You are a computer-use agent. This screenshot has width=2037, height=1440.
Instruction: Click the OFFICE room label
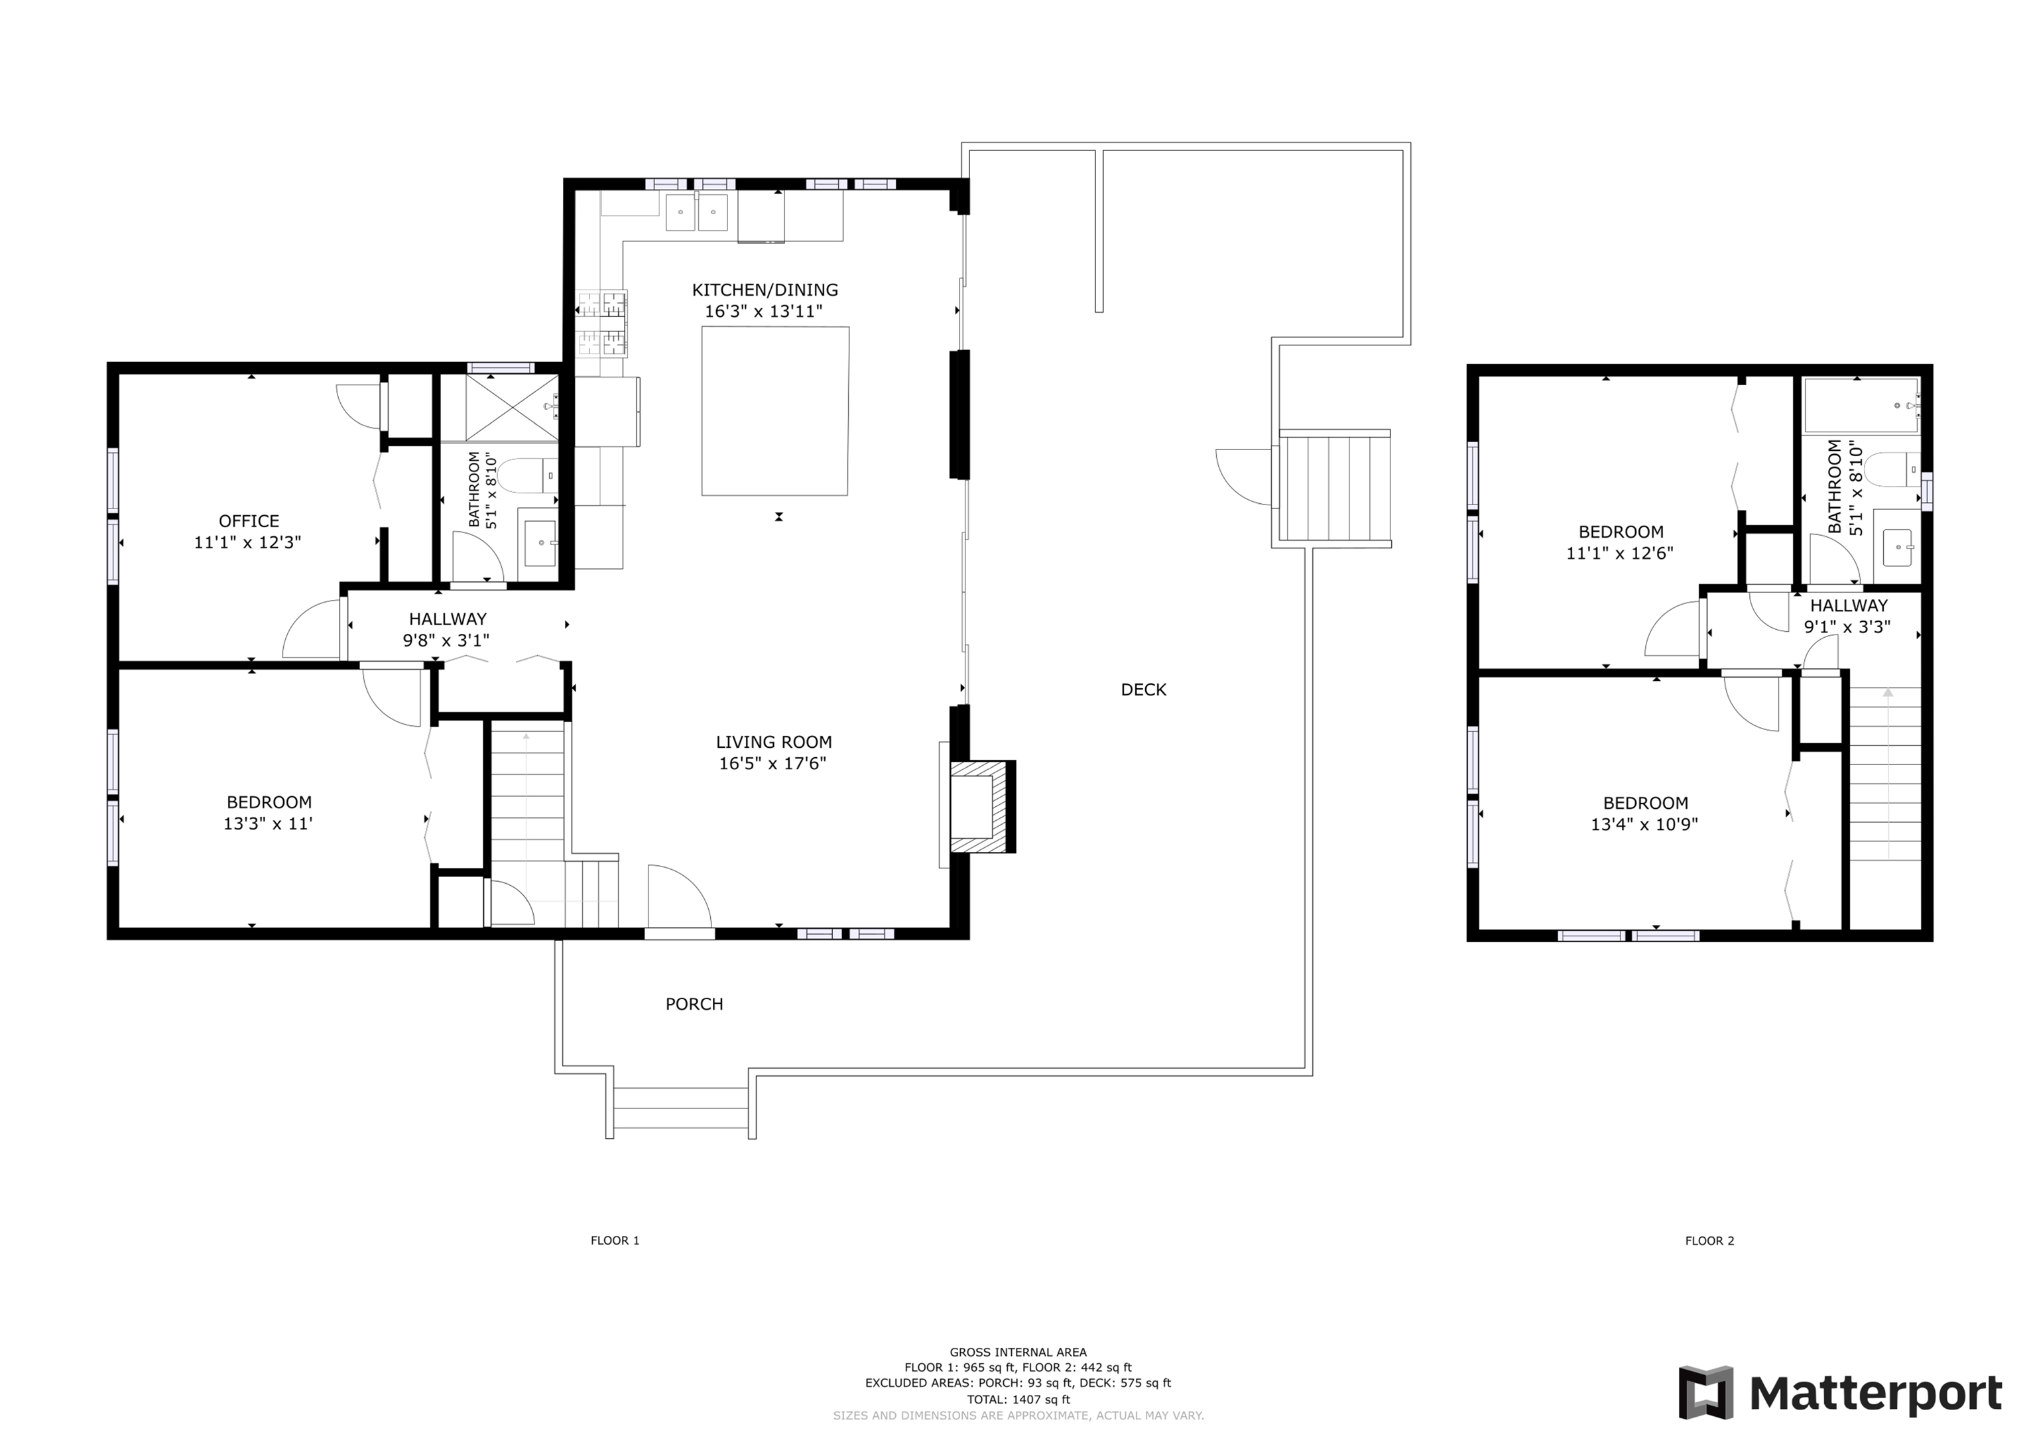coord(249,521)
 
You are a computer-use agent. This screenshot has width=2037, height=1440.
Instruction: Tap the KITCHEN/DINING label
coord(765,289)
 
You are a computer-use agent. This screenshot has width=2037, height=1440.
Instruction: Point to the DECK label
coord(1144,690)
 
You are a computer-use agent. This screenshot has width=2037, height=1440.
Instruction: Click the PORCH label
coord(695,1004)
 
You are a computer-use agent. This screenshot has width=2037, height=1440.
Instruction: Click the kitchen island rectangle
coord(775,411)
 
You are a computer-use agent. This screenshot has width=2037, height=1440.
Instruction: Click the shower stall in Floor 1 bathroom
coord(499,408)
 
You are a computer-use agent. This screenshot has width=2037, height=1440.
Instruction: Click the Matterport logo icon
coord(1706,1393)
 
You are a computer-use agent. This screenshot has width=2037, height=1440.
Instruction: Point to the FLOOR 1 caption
coord(615,1240)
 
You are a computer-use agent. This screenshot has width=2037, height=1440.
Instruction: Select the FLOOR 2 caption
coord(1709,1240)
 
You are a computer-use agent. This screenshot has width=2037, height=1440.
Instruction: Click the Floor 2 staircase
coord(1885,772)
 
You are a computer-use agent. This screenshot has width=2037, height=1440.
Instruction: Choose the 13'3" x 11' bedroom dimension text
coord(268,823)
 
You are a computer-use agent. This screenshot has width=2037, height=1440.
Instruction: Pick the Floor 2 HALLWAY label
coord(1849,606)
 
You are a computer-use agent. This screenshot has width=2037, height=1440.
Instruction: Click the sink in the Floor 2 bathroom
coord(1898,548)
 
